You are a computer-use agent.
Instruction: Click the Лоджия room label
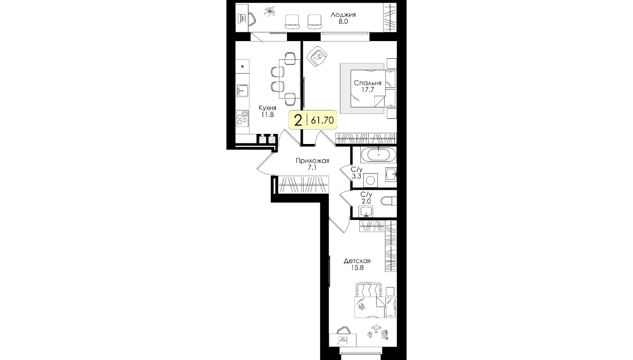pos(343,15)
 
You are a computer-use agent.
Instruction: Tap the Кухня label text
pos(267,108)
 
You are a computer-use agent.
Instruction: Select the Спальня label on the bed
pos(367,83)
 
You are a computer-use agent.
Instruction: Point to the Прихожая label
pos(312,161)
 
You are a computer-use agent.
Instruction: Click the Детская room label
pos(357,261)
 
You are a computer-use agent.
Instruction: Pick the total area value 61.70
pos(322,121)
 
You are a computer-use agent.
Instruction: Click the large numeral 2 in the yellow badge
pos(298,121)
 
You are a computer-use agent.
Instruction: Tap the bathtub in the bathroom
pos(378,155)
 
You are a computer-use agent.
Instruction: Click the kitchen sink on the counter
pos(243,91)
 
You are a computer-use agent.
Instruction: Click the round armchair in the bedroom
pos(317,57)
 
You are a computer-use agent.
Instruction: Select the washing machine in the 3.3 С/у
pos(370,180)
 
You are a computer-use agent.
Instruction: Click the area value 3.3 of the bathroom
pos(356,177)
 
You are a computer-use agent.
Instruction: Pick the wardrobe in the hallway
pos(304,184)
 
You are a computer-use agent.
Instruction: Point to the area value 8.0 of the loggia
pos(343,22)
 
